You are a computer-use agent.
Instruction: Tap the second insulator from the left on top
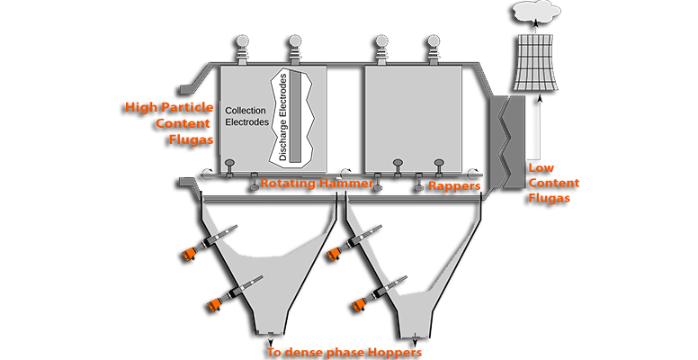coord(293,46)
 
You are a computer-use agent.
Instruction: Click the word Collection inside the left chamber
coord(246,109)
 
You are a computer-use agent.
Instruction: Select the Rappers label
coord(454,186)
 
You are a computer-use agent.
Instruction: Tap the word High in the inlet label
coord(140,107)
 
